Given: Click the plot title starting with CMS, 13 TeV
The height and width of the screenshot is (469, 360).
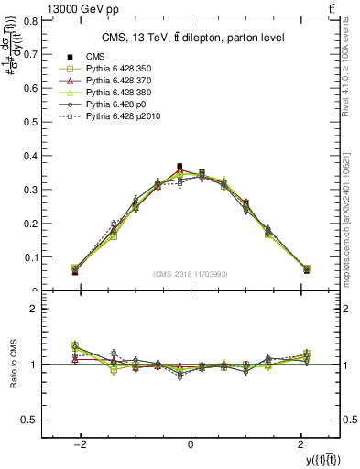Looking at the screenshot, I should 192,37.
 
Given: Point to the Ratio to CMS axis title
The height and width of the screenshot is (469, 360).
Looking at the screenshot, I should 13,366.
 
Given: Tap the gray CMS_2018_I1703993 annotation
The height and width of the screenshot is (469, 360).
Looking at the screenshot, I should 191,274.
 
